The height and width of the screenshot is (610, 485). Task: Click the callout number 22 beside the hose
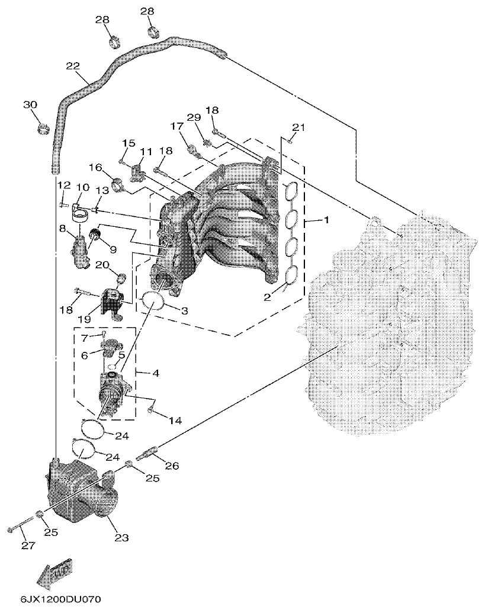[x=72, y=66]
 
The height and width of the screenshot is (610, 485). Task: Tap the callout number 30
[x=30, y=105]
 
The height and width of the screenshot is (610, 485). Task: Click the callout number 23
[x=121, y=538]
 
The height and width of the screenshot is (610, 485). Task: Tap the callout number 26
[x=171, y=466]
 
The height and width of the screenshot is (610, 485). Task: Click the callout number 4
[x=156, y=374]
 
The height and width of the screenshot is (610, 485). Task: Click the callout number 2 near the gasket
[x=267, y=297]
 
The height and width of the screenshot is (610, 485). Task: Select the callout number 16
[x=96, y=167]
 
